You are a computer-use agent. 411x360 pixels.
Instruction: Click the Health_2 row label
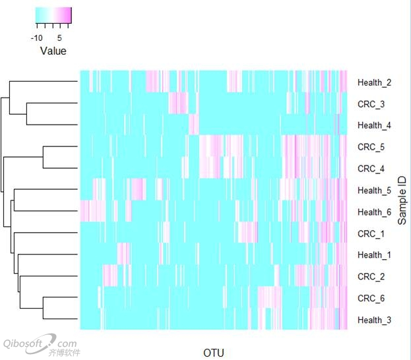coord(374,82)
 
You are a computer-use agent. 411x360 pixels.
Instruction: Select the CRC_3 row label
coord(370,104)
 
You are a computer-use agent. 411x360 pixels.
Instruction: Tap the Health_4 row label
coord(374,125)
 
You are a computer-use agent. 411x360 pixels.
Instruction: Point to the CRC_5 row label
coord(370,147)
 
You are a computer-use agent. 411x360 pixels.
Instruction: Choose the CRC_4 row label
coord(370,169)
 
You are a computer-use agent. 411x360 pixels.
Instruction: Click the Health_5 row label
coord(374,191)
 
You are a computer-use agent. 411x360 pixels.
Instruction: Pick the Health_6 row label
coord(374,212)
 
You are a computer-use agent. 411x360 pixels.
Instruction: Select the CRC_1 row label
coord(370,233)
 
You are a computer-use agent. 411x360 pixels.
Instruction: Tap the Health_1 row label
coord(374,255)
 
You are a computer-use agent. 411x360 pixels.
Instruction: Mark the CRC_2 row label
coord(370,277)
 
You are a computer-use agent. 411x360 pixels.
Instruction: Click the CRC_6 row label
coord(370,299)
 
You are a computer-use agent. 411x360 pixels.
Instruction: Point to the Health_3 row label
coord(374,320)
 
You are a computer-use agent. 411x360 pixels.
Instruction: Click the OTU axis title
coord(214,353)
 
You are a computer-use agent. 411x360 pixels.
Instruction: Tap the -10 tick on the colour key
coord(37,38)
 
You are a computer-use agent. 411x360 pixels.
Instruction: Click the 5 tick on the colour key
coord(59,38)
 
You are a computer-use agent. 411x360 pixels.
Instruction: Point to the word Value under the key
coord(53,51)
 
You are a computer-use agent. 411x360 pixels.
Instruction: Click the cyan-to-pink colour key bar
coord(53,15)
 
